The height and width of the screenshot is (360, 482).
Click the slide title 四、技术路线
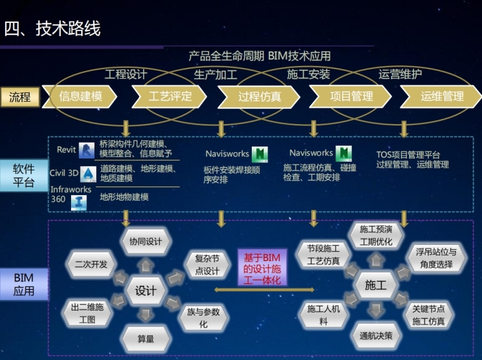(53, 29)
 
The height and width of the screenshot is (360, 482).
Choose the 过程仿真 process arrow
(259, 97)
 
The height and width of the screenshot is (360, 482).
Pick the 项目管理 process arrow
(351, 97)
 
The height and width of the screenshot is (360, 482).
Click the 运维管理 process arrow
(441, 97)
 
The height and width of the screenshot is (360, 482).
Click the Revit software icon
(86, 150)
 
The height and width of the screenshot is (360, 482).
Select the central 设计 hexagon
(145, 290)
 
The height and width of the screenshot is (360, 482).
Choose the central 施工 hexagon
(375, 285)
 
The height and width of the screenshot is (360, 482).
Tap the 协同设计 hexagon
(145, 241)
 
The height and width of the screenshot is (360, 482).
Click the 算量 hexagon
(145, 339)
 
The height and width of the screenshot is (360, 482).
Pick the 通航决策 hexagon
(375, 335)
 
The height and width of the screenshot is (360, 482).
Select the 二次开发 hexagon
(91, 264)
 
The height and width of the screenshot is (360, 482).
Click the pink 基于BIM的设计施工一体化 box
(262, 269)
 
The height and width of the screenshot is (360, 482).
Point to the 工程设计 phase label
(126, 74)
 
